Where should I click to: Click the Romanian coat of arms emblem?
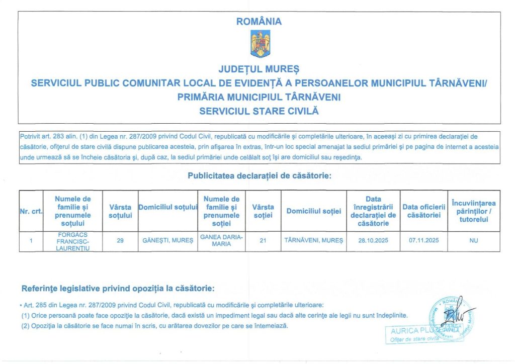pyautogui.click(x=260, y=44)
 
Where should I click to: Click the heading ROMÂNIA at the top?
pyautogui.click(x=259, y=22)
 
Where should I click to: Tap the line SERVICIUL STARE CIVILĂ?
pyautogui.click(x=259, y=111)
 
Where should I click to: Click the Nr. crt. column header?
pyautogui.click(x=31, y=211)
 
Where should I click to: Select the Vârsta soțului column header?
pyautogui.click(x=120, y=211)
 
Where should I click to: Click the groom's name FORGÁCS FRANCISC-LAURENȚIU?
pyautogui.click(x=72, y=241)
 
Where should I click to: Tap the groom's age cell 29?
pyautogui.click(x=120, y=241)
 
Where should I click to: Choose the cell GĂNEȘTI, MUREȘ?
pyautogui.click(x=167, y=241)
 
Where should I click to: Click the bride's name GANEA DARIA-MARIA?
pyautogui.click(x=221, y=240)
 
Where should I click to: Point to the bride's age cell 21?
pyautogui.click(x=263, y=241)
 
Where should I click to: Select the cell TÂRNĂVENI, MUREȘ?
pyautogui.click(x=313, y=241)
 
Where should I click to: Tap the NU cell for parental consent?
pyautogui.click(x=473, y=241)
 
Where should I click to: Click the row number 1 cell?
pyautogui.click(x=31, y=241)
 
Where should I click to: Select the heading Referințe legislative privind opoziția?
pyautogui.click(x=118, y=289)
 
